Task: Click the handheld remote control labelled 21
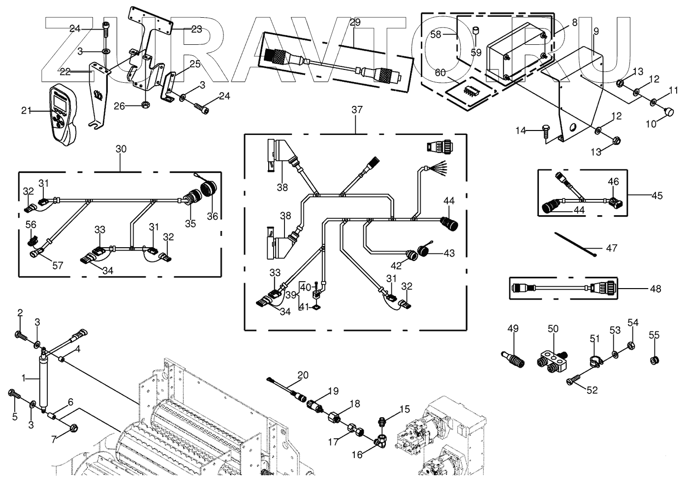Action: [x=63, y=114]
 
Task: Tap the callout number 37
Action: [x=357, y=110]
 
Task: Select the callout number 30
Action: [x=121, y=149]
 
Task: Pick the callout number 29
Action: [x=355, y=22]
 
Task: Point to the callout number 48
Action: [x=656, y=289]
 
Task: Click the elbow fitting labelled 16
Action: [x=380, y=443]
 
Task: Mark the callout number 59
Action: [x=476, y=52]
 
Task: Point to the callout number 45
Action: [x=657, y=196]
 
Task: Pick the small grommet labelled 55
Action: [x=654, y=360]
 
